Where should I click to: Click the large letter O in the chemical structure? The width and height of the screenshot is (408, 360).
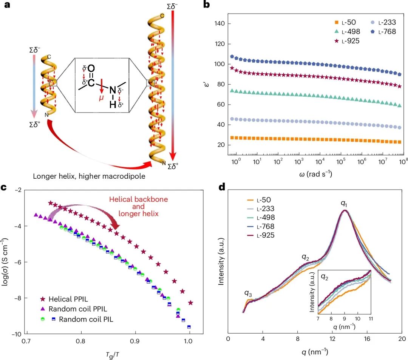pos(91,69)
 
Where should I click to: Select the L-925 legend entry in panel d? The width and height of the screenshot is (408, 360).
pos(261,235)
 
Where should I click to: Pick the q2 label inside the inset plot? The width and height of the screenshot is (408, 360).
pos(324,277)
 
